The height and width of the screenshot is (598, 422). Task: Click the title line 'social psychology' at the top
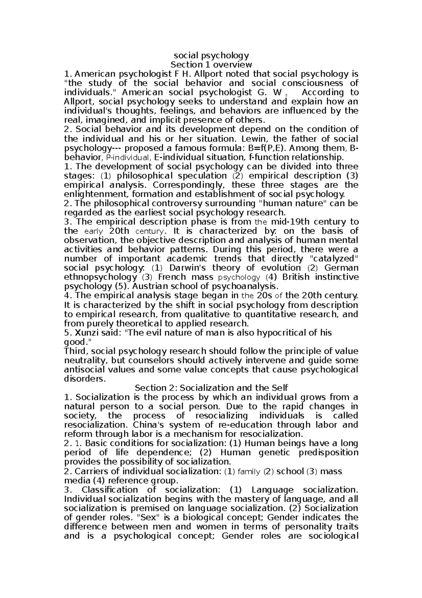click(x=211, y=55)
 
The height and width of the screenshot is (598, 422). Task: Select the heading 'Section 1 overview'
click(x=211, y=64)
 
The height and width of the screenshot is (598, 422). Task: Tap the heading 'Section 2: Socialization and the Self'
click(x=211, y=388)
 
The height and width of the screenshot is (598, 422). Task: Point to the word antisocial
click(x=82, y=369)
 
